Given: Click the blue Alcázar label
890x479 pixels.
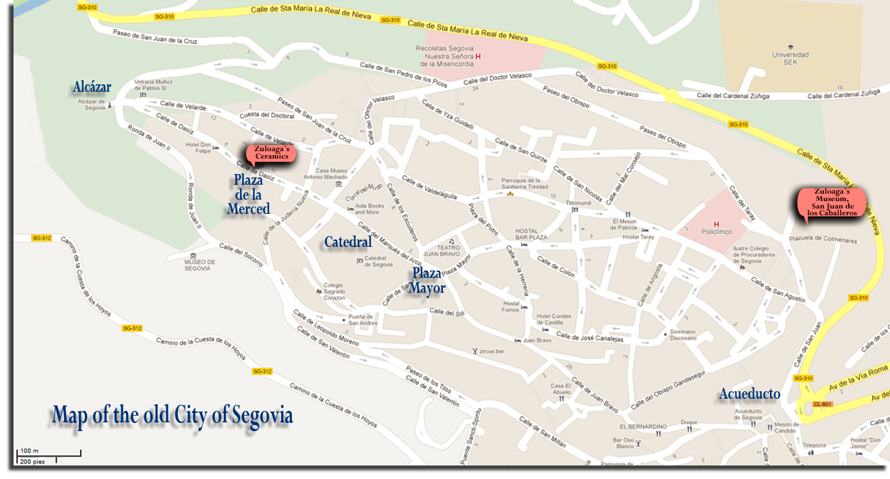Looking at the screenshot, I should [92, 86].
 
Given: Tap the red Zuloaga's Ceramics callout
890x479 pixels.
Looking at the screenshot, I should [271, 153].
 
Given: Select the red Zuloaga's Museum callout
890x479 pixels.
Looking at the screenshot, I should [831, 202].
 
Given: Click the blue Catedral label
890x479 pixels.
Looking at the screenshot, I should [348, 242].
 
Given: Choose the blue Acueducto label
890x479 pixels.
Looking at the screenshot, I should [749, 394].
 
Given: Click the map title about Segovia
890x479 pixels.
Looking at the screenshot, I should [173, 415].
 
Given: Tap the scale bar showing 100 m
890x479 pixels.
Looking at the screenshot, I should [49, 455].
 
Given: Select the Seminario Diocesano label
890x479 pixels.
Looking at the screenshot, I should [684, 335].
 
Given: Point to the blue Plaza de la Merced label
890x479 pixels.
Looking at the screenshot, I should [248, 194].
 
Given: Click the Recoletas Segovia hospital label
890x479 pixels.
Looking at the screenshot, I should [445, 56].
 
